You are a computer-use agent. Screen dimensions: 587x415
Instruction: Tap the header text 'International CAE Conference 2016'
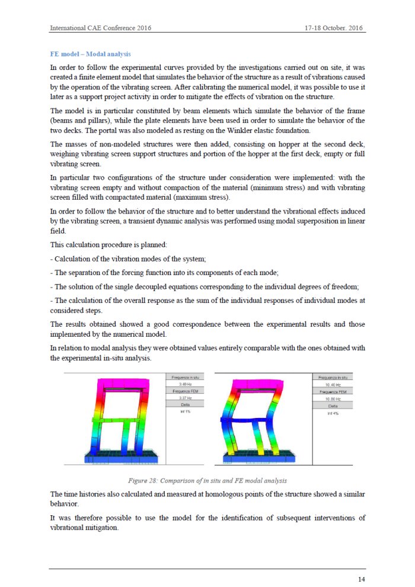[100, 28]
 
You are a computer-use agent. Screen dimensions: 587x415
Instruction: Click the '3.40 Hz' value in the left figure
[184, 384]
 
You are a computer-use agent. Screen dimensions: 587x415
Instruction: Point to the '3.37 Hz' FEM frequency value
[184, 398]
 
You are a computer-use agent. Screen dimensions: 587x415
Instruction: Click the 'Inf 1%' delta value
[184, 411]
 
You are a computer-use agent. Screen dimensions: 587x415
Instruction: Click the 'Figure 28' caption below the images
[207, 480]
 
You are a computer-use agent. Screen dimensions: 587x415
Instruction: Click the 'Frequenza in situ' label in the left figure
[184, 377]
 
